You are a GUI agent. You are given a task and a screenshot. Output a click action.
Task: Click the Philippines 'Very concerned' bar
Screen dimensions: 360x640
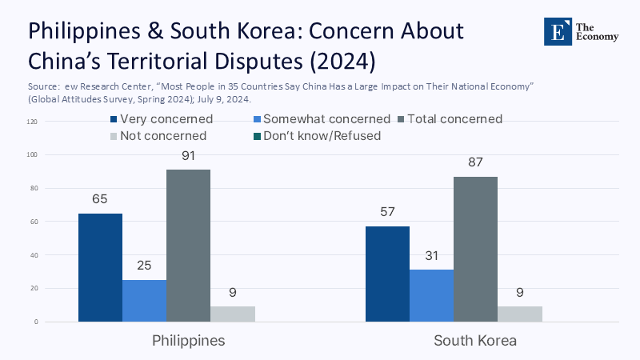point(100,267)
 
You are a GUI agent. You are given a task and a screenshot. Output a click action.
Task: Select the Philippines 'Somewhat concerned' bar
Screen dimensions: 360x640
point(144,301)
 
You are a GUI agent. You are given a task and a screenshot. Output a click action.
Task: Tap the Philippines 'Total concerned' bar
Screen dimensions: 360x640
point(188,246)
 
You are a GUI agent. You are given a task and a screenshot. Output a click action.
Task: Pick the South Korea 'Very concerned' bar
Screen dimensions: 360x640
point(387,274)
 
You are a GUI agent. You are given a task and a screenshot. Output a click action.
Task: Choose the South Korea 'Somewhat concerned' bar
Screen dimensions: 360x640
point(431,295)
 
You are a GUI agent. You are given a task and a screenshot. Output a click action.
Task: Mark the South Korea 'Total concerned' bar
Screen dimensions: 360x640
point(475,249)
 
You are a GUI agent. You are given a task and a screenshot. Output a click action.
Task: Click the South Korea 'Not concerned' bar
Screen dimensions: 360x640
point(519,314)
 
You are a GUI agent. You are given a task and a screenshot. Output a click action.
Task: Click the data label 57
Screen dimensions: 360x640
point(387,212)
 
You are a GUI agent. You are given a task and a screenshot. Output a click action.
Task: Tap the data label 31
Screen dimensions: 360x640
point(431,256)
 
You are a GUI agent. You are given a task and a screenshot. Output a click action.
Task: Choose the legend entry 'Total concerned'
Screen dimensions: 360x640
point(449,119)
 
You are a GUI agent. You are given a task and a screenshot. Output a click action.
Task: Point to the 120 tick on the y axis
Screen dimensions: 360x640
point(32,122)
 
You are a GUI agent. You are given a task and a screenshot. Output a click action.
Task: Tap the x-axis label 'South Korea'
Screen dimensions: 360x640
point(475,341)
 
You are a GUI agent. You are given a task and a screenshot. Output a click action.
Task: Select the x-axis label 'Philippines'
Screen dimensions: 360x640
point(188,341)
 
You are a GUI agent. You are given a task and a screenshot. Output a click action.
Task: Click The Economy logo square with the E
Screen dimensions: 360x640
point(557,30)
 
